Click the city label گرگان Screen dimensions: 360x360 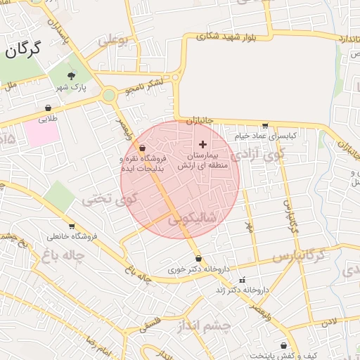click(x=22, y=49)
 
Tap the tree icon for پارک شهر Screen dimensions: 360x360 click(x=70, y=75)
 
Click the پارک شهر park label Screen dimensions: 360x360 click(x=70, y=87)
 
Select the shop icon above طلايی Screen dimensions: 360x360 click(x=48, y=108)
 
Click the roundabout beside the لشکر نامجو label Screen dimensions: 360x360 click(x=109, y=95)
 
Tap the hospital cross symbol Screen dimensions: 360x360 click(x=203, y=143)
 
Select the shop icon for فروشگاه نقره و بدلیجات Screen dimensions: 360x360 click(x=143, y=148)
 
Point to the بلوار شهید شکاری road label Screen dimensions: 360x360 click(x=225, y=33)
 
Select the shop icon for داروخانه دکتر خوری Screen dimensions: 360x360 click(x=198, y=258)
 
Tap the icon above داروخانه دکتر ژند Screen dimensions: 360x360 click(x=243, y=279)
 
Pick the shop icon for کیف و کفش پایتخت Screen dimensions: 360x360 click(x=283, y=345)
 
